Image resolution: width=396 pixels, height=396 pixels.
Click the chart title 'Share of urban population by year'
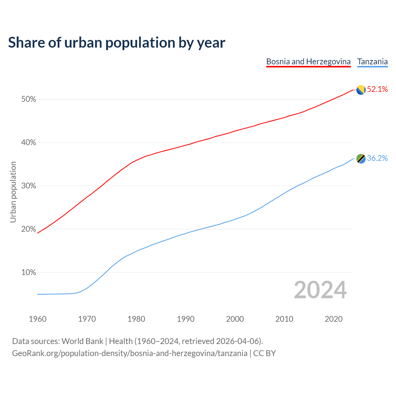click(117, 43)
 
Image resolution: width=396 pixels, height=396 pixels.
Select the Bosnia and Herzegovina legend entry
click(308, 62)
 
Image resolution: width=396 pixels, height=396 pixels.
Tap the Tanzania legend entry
click(372, 62)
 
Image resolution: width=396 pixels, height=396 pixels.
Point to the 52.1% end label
click(377, 89)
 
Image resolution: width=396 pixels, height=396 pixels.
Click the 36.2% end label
click(377, 158)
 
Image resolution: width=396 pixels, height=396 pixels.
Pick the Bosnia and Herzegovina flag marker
click(361, 90)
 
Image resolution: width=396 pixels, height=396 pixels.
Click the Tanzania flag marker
click(361, 159)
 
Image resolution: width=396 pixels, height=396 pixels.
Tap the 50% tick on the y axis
click(29, 99)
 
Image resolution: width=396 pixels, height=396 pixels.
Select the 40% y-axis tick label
click(29, 143)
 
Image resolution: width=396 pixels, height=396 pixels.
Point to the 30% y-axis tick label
click(29, 186)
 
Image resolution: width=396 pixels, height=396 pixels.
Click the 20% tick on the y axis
click(29, 229)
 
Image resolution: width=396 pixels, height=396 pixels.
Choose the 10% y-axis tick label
click(29, 273)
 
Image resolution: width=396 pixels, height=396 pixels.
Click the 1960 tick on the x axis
click(38, 319)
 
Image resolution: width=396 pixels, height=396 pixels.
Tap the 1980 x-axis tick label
click(136, 319)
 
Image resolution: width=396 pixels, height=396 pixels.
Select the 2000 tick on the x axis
click(235, 319)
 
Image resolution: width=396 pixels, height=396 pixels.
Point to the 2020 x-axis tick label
click(334, 319)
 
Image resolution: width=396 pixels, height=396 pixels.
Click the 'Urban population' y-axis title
click(13, 192)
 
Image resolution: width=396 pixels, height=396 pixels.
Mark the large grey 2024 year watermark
click(320, 290)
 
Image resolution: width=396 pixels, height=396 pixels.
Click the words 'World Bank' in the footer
click(82, 341)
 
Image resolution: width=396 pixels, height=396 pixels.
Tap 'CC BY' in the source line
click(265, 353)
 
